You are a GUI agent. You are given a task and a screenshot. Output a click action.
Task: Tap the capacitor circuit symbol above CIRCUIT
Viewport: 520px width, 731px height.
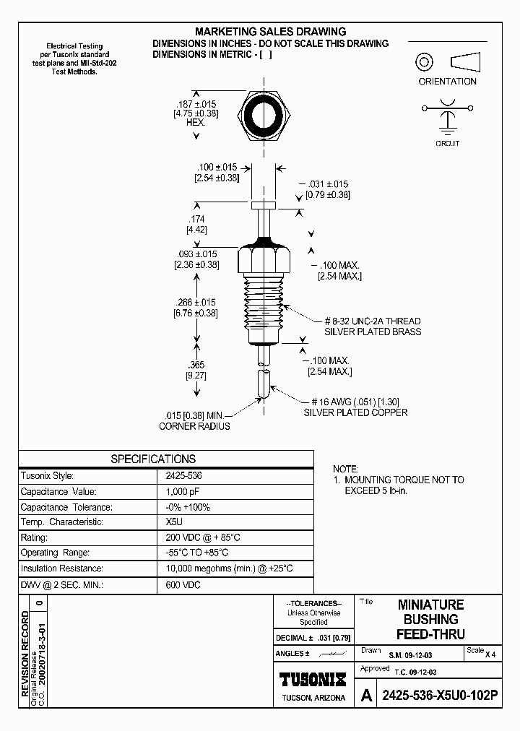tap(448, 117)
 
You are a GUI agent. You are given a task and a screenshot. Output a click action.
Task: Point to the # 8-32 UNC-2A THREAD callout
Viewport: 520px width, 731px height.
tap(371, 321)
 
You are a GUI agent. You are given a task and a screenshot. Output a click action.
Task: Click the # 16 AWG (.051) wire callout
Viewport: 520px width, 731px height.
tap(358, 402)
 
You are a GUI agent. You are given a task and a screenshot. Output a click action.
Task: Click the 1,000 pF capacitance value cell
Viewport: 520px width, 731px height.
tap(181, 492)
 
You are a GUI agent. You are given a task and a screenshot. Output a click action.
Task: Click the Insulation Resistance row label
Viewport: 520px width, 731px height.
tap(62, 568)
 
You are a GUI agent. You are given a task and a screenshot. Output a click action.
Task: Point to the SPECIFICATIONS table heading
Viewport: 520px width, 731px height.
tap(152, 459)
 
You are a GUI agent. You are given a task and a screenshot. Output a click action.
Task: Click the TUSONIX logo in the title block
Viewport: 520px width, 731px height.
tap(312, 679)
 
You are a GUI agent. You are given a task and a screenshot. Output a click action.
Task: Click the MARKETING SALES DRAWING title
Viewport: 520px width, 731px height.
tap(271, 32)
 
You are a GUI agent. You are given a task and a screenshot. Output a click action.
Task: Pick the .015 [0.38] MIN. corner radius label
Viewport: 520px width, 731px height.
tap(195, 420)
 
